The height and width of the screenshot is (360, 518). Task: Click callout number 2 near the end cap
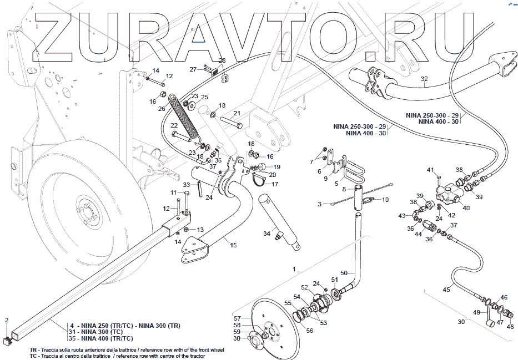(x=7, y=320)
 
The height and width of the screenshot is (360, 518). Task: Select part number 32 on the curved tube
(x=424, y=78)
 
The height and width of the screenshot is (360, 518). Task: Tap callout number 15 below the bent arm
(x=233, y=245)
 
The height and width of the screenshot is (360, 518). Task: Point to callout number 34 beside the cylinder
(x=267, y=232)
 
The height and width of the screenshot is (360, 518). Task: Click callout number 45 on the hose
(x=446, y=290)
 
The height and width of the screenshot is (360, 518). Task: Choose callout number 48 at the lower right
(x=510, y=327)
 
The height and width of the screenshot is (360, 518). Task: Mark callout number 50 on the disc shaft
(x=344, y=273)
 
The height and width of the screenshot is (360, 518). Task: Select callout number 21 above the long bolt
(x=237, y=113)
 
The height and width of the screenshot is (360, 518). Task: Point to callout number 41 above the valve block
(x=430, y=169)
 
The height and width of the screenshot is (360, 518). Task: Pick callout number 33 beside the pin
(x=187, y=185)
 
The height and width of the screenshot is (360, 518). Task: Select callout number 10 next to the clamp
(x=386, y=199)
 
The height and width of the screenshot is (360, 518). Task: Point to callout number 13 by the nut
(x=200, y=229)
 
